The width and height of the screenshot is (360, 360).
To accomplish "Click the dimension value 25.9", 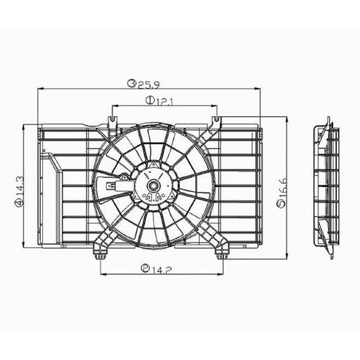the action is coord(149,84).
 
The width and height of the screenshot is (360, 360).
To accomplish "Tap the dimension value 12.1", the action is coord(165,101).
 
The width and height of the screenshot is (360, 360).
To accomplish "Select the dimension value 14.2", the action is coord(162,270).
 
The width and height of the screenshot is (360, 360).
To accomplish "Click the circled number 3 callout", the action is coord(131,83).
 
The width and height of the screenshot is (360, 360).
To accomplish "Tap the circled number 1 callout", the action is coord(149,101).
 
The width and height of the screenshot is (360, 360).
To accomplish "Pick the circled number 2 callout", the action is coord(145,268).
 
